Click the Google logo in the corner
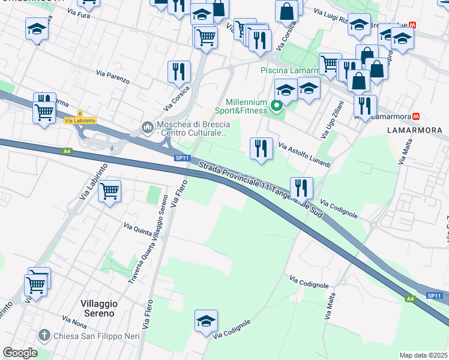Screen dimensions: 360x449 coord(20,353)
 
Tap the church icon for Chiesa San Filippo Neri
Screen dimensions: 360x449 coord(44,335)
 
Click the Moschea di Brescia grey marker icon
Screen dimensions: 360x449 coord(147,128)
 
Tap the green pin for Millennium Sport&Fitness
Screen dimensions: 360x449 coord(276,107)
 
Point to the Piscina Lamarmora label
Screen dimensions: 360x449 coord(288,71)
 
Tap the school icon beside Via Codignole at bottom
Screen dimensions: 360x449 coord(206,321)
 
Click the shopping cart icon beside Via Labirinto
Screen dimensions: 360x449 coord(109,191)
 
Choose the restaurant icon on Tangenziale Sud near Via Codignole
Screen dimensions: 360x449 coord(301,187)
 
